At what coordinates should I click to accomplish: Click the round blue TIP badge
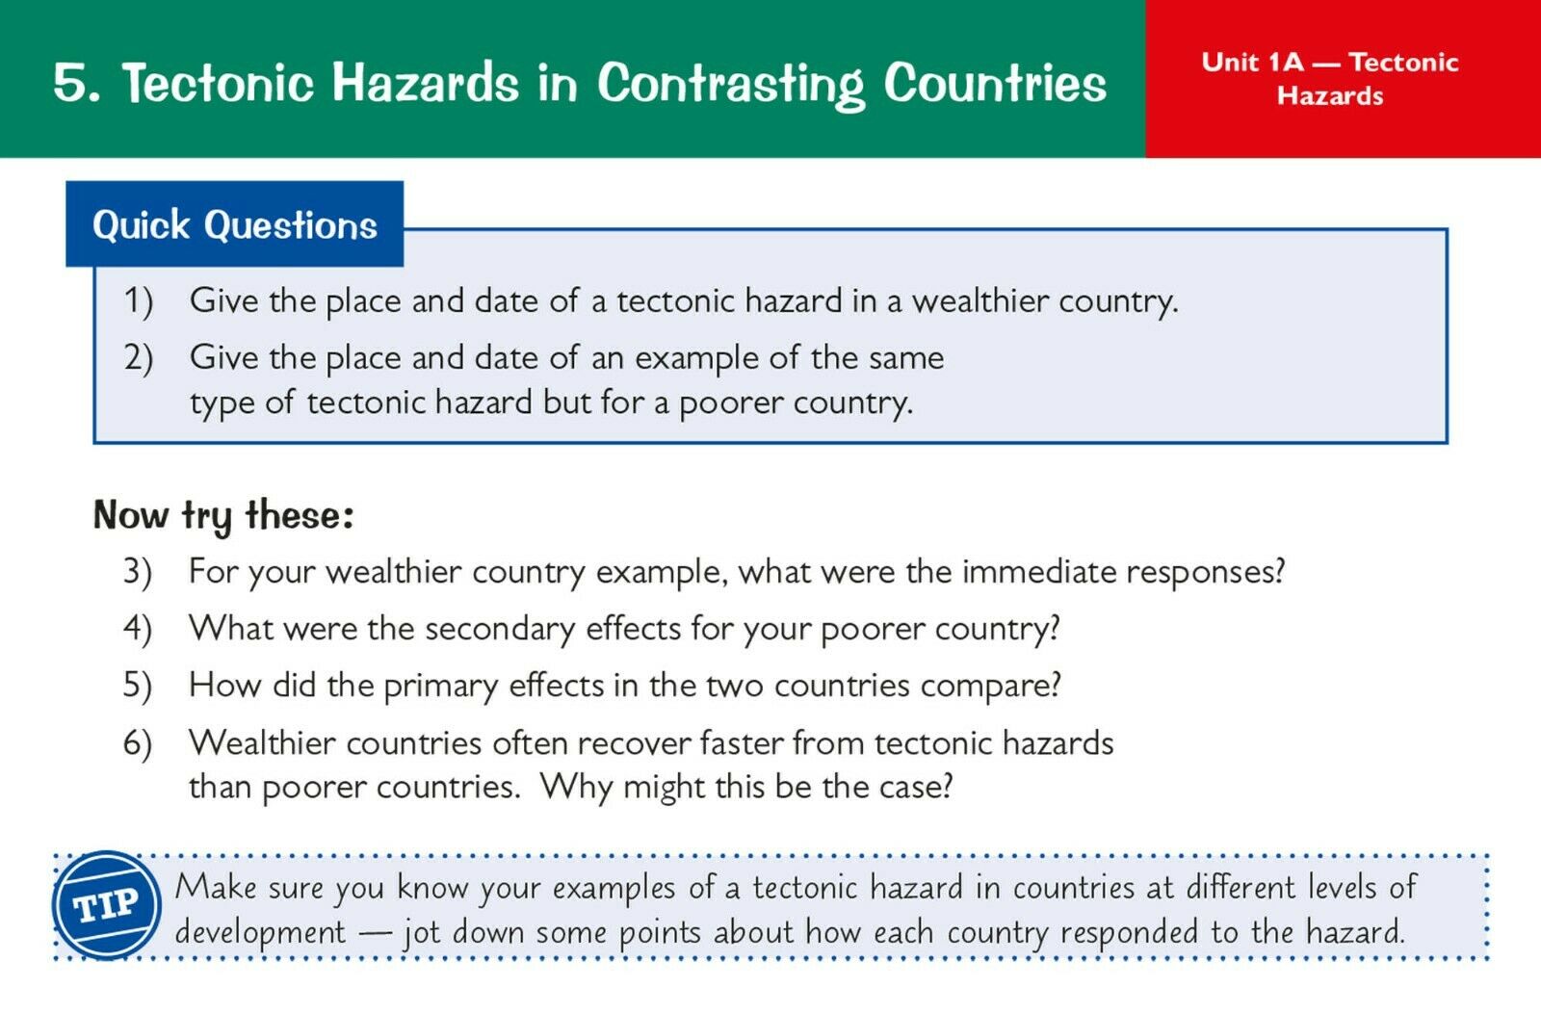(107, 905)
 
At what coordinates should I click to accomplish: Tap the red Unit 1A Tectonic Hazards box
(1343, 78)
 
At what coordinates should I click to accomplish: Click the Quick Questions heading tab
(235, 224)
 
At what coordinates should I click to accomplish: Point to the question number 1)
(138, 302)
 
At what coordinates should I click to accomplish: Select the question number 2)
(139, 358)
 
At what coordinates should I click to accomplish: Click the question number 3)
(137, 572)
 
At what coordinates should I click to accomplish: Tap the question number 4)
(138, 629)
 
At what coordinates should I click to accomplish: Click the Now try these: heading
(223, 516)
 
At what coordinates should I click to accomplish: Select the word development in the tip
(260, 932)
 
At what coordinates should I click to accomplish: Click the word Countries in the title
(995, 84)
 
